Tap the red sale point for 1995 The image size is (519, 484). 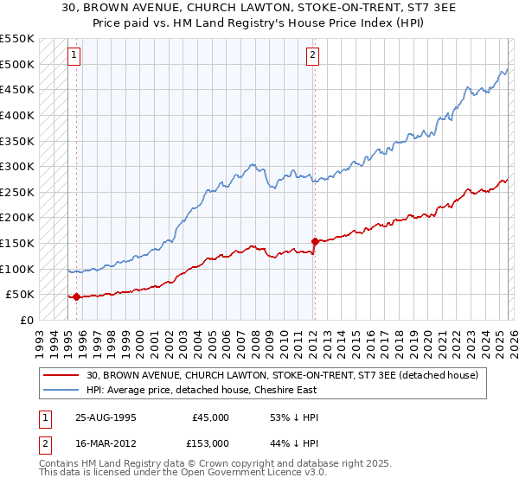click(76, 296)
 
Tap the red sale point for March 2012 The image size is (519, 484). click(314, 242)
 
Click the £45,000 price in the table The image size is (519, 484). click(210, 417)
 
